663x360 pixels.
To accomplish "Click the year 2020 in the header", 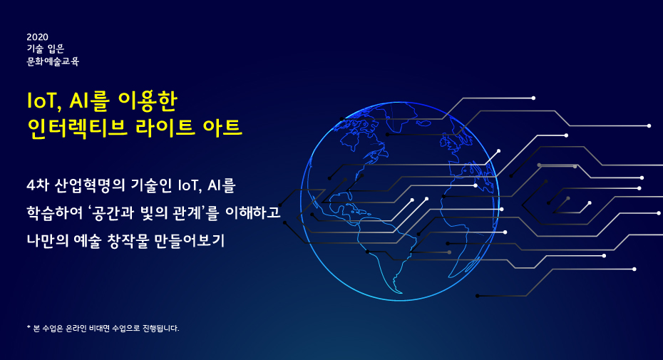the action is [x=37, y=37].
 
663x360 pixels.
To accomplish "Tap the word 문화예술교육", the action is [x=53, y=62].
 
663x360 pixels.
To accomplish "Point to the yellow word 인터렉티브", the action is [x=76, y=128].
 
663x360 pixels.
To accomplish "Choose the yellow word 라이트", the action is [x=165, y=128].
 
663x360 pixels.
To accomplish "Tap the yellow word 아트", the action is [x=222, y=128].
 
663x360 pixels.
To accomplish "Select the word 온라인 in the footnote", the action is [x=76, y=328].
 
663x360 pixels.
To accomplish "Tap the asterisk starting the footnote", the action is [x=29, y=327].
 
